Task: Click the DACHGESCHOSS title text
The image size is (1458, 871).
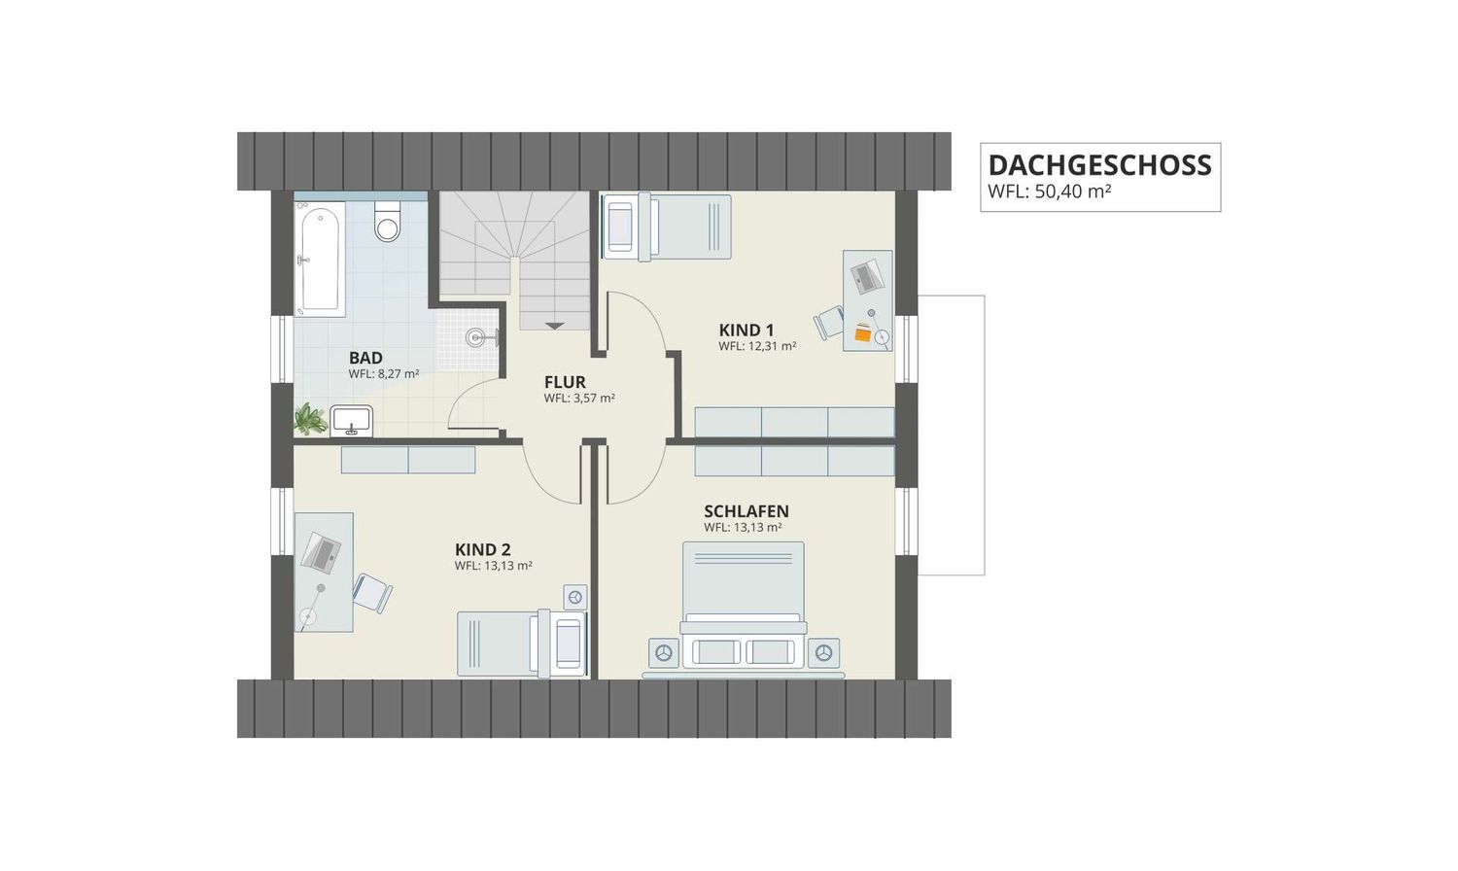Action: point(1099,165)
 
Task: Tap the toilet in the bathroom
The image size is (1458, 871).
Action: point(387,222)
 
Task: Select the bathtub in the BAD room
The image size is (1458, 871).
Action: point(320,260)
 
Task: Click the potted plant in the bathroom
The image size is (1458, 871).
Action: point(310,419)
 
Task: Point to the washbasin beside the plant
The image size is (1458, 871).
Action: point(352,421)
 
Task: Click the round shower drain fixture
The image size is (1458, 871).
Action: point(476,337)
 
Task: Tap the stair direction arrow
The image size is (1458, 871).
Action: point(555,326)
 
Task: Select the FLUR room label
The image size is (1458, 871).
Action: point(565,382)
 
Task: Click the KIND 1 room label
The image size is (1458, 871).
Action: point(746,331)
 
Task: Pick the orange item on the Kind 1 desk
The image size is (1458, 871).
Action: point(863,332)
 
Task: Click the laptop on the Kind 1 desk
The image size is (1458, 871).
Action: point(868,275)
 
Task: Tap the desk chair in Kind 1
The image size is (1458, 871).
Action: point(828,322)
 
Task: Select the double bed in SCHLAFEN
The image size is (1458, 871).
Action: point(744,605)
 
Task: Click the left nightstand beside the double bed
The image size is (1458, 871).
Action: point(664,653)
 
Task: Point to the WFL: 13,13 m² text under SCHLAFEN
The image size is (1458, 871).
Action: point(743,527)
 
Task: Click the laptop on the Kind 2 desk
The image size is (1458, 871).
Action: point(321,552)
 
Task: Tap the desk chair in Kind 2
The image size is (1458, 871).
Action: point(372,593)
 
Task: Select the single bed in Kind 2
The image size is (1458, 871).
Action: point(522,644)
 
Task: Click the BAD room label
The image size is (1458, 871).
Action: point(365,358)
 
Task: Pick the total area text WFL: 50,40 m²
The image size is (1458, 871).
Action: point(1049,192)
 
